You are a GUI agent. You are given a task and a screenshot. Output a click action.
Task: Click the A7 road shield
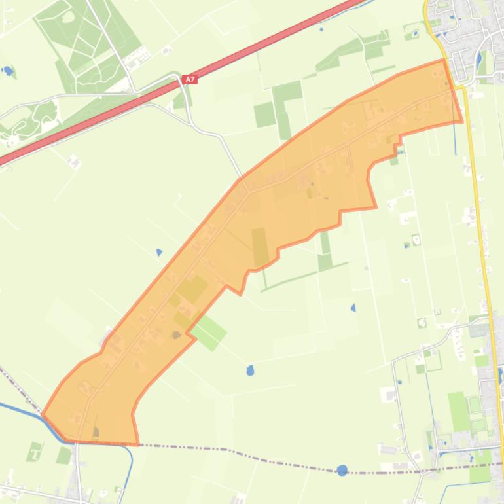point(190,79)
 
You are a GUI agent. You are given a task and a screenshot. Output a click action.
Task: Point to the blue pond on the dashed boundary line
point(342,470)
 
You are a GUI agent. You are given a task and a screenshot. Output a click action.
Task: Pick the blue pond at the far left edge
point(8,70)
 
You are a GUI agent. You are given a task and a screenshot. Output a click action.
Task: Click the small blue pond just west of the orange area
point(159,252)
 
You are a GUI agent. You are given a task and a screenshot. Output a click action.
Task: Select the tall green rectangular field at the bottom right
point(459,411)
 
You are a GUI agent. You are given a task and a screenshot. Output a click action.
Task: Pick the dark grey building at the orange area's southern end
point(96,432)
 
